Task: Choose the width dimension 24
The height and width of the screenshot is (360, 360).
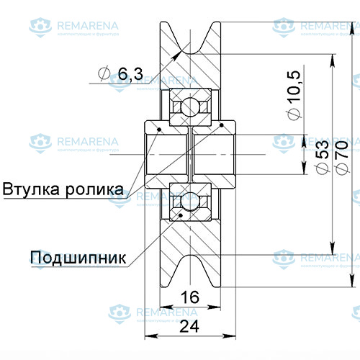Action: coord(189,326)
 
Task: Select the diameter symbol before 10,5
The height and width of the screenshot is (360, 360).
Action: coord(292,115)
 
